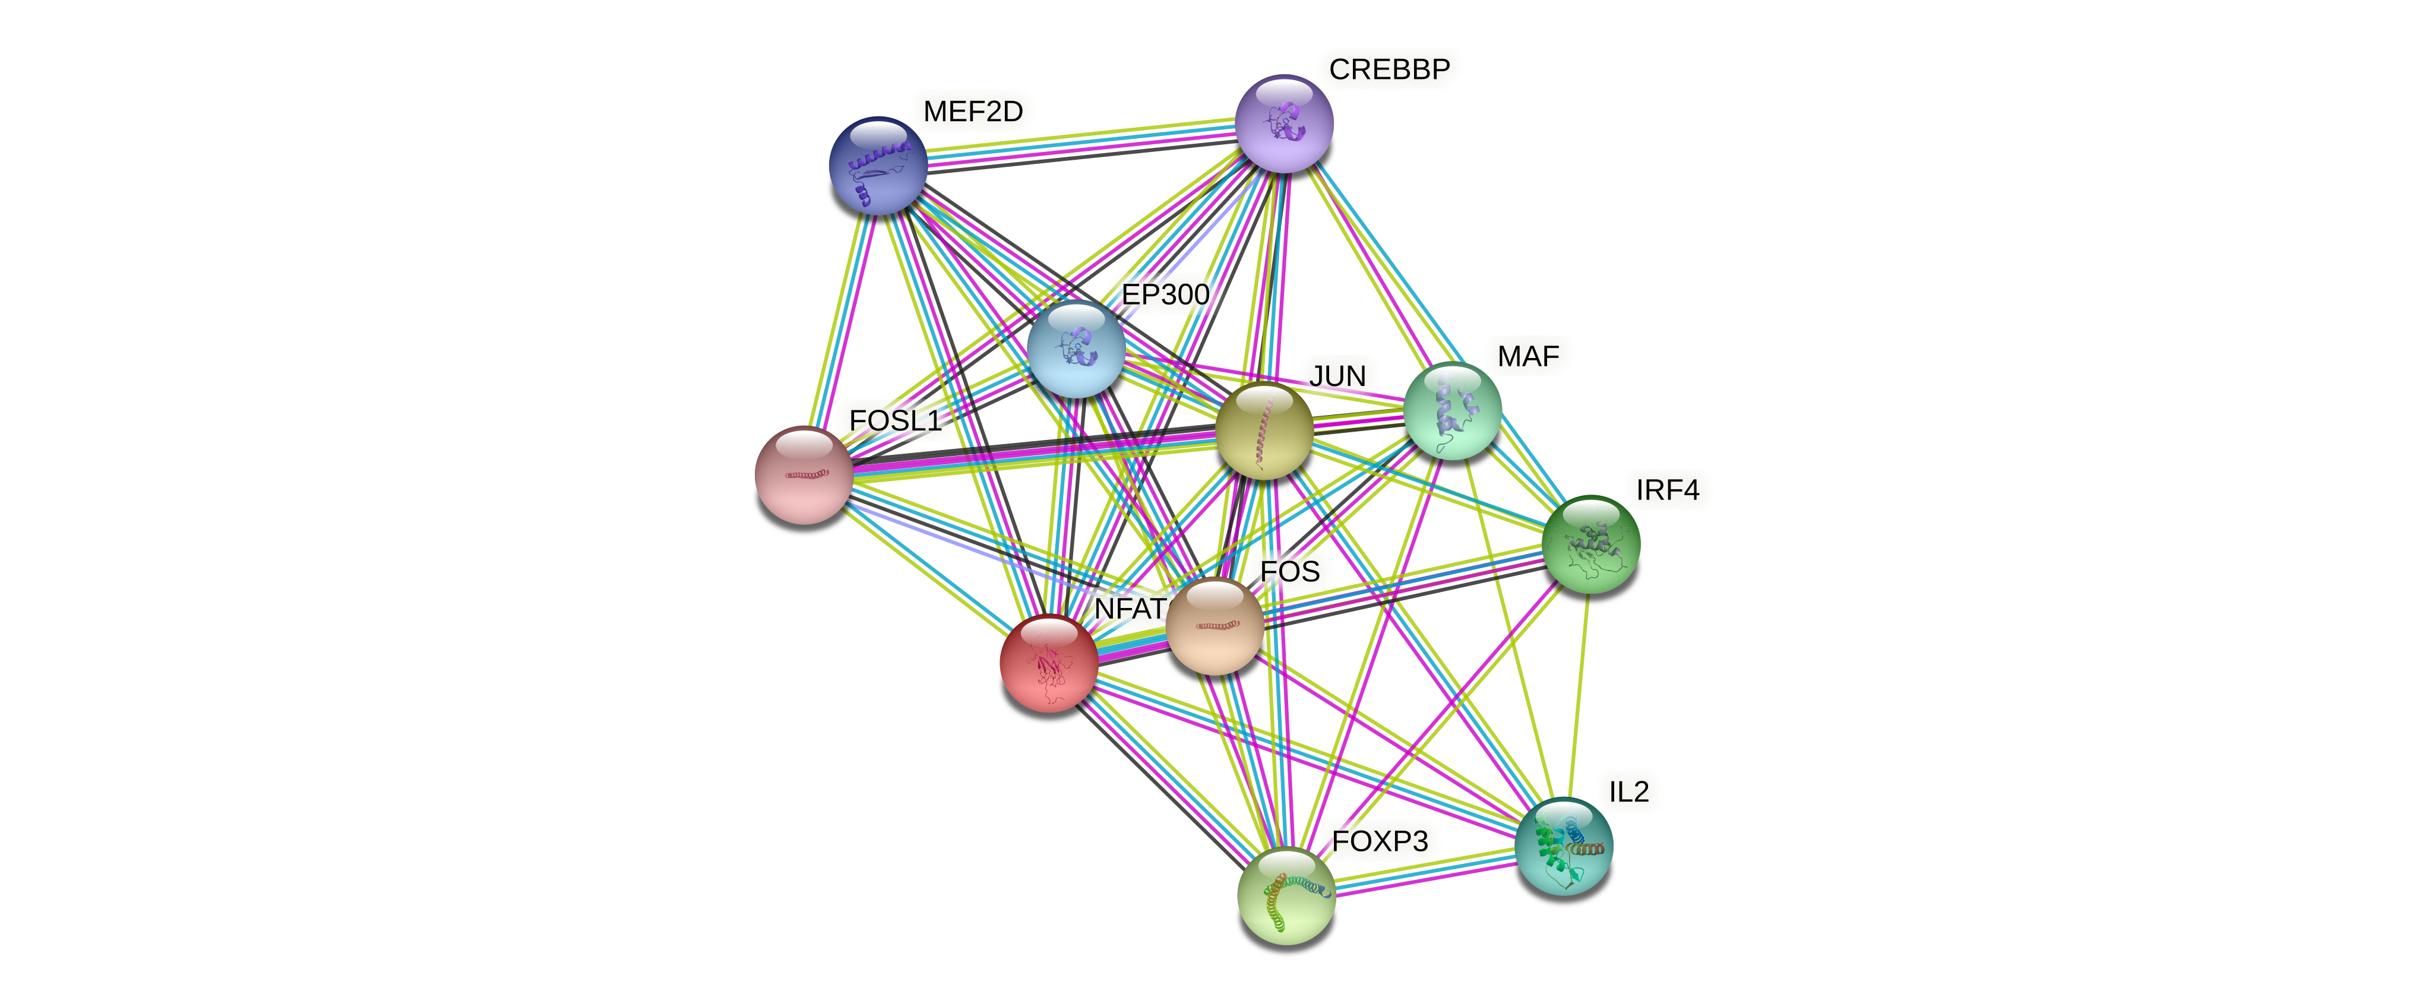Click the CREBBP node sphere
tap(1283, 123)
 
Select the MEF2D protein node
tap(878, 166)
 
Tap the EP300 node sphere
tap(1076, 349)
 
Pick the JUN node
tap(1264, 431)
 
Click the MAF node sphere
tap(1452, 410)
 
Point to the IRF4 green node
tap(1590, 544)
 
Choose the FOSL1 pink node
tap(804, 475)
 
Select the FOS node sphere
tap(1215, 626)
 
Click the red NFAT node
tap(1048, 662)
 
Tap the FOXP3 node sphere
tap(1286, 895)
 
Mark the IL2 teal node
tap(1563, 846)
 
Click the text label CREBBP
tap(1389, 69)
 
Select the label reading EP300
tap(1165, 294)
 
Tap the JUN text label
tap(1337, 376)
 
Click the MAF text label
tap(1528, 356)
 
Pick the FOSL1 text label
tap(894, 420)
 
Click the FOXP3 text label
tap(1380, 841)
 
